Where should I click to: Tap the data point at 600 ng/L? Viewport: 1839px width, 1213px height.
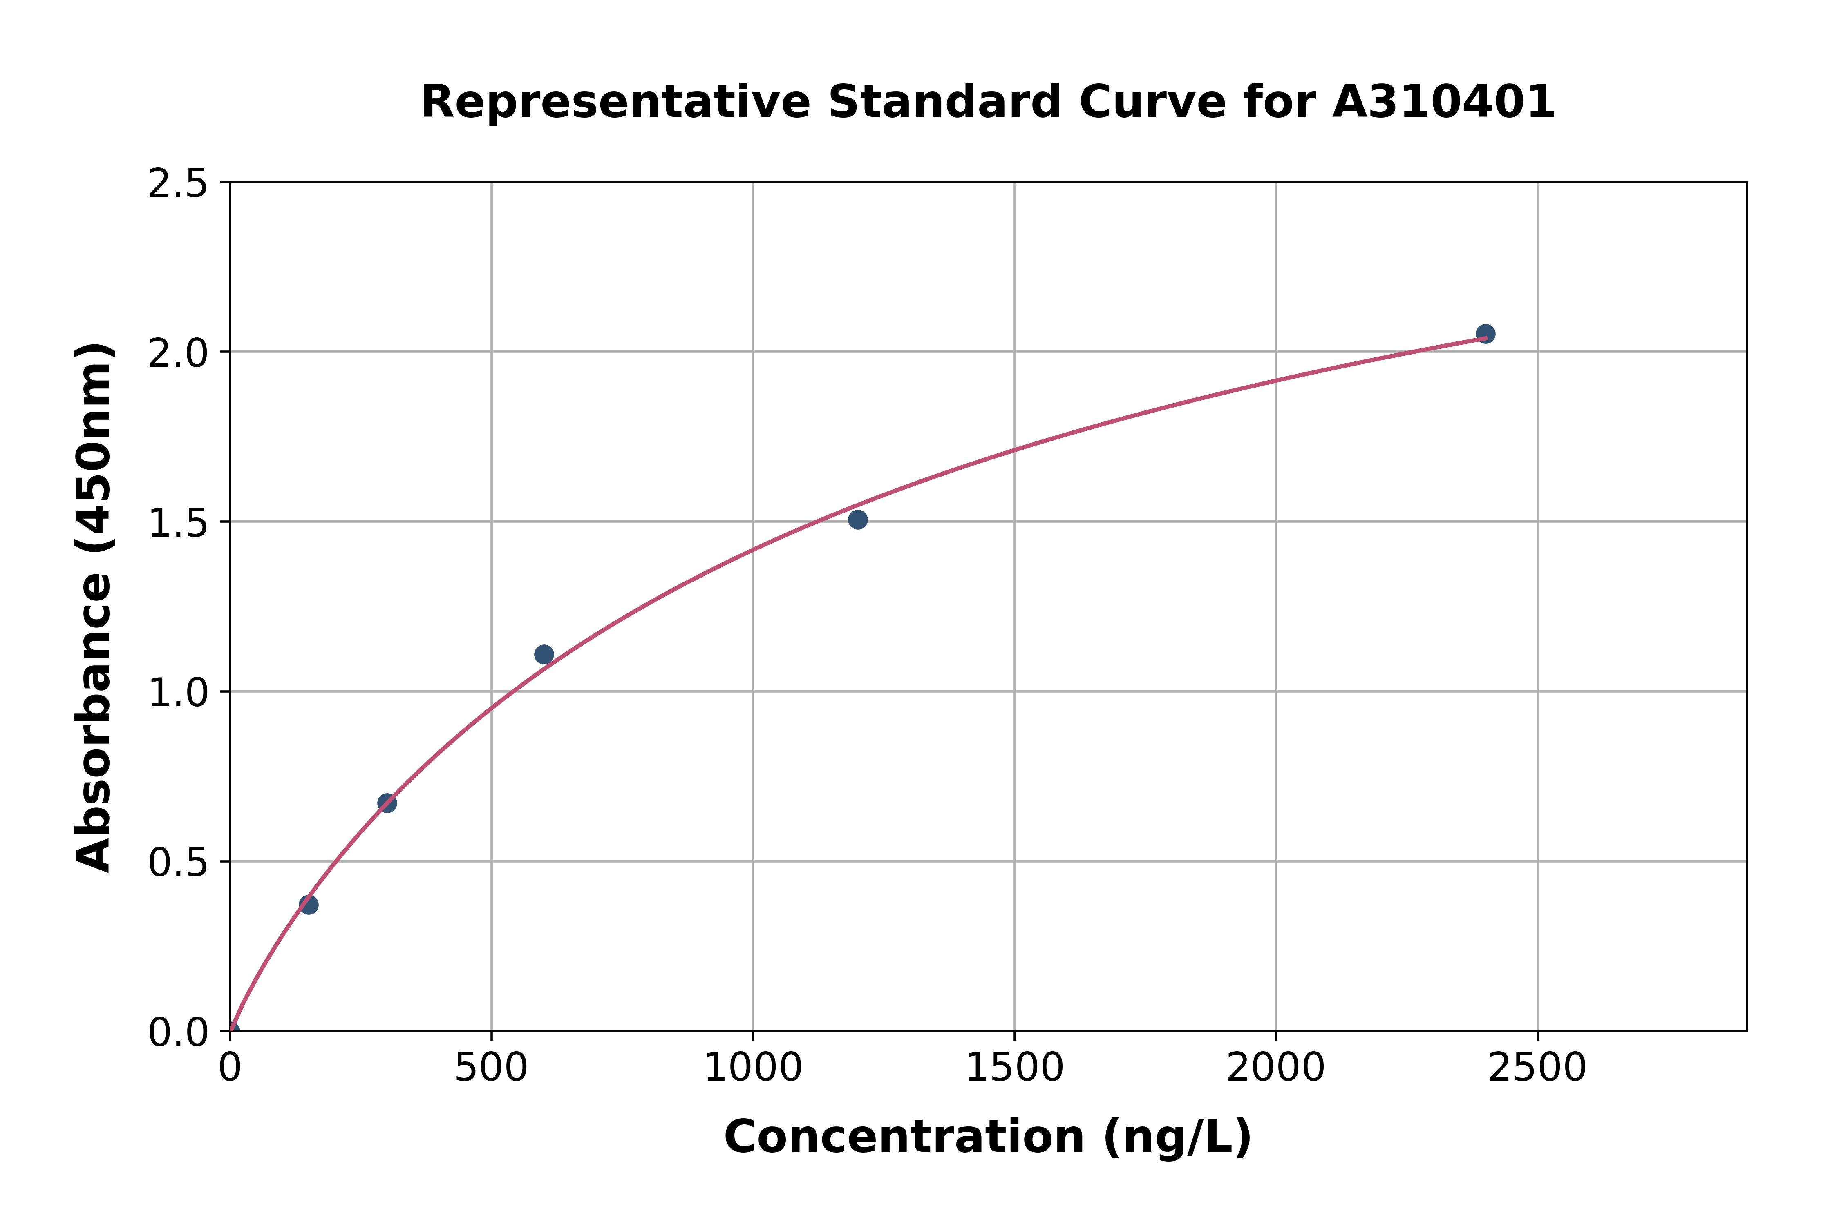[544, 654]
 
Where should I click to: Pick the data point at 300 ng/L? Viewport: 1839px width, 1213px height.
[387, 803]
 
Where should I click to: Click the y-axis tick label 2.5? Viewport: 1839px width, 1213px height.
[178, 184]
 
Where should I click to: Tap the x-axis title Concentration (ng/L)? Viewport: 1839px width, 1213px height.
[988, 1137]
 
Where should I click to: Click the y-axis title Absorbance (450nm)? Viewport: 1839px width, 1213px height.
[94, 607]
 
